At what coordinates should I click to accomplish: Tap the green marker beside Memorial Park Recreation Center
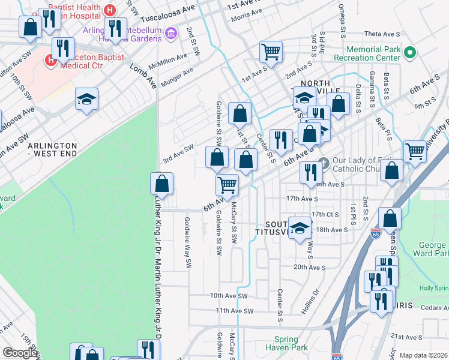[x=411, y=53]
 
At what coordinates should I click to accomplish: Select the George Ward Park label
[x=432, y=249]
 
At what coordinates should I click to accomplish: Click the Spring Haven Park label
[x=291, y=343]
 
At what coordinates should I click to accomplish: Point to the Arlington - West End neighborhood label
[x=53, y=150]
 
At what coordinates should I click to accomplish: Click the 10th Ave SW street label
[x=229, y=296]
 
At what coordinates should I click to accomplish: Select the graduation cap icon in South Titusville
[x=300, y=228]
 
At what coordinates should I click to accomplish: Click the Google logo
[x=20, y=353]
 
